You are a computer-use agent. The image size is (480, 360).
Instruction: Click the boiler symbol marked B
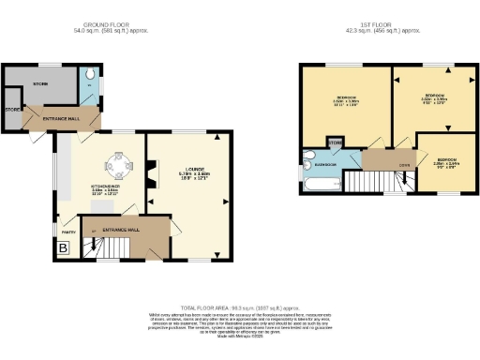(x=64, y=247)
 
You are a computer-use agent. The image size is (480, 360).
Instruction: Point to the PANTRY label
(x=68, y=229)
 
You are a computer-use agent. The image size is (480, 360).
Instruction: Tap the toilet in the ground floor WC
(x=89, y=74)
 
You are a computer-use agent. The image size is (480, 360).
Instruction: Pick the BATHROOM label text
(x=325, y=164)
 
